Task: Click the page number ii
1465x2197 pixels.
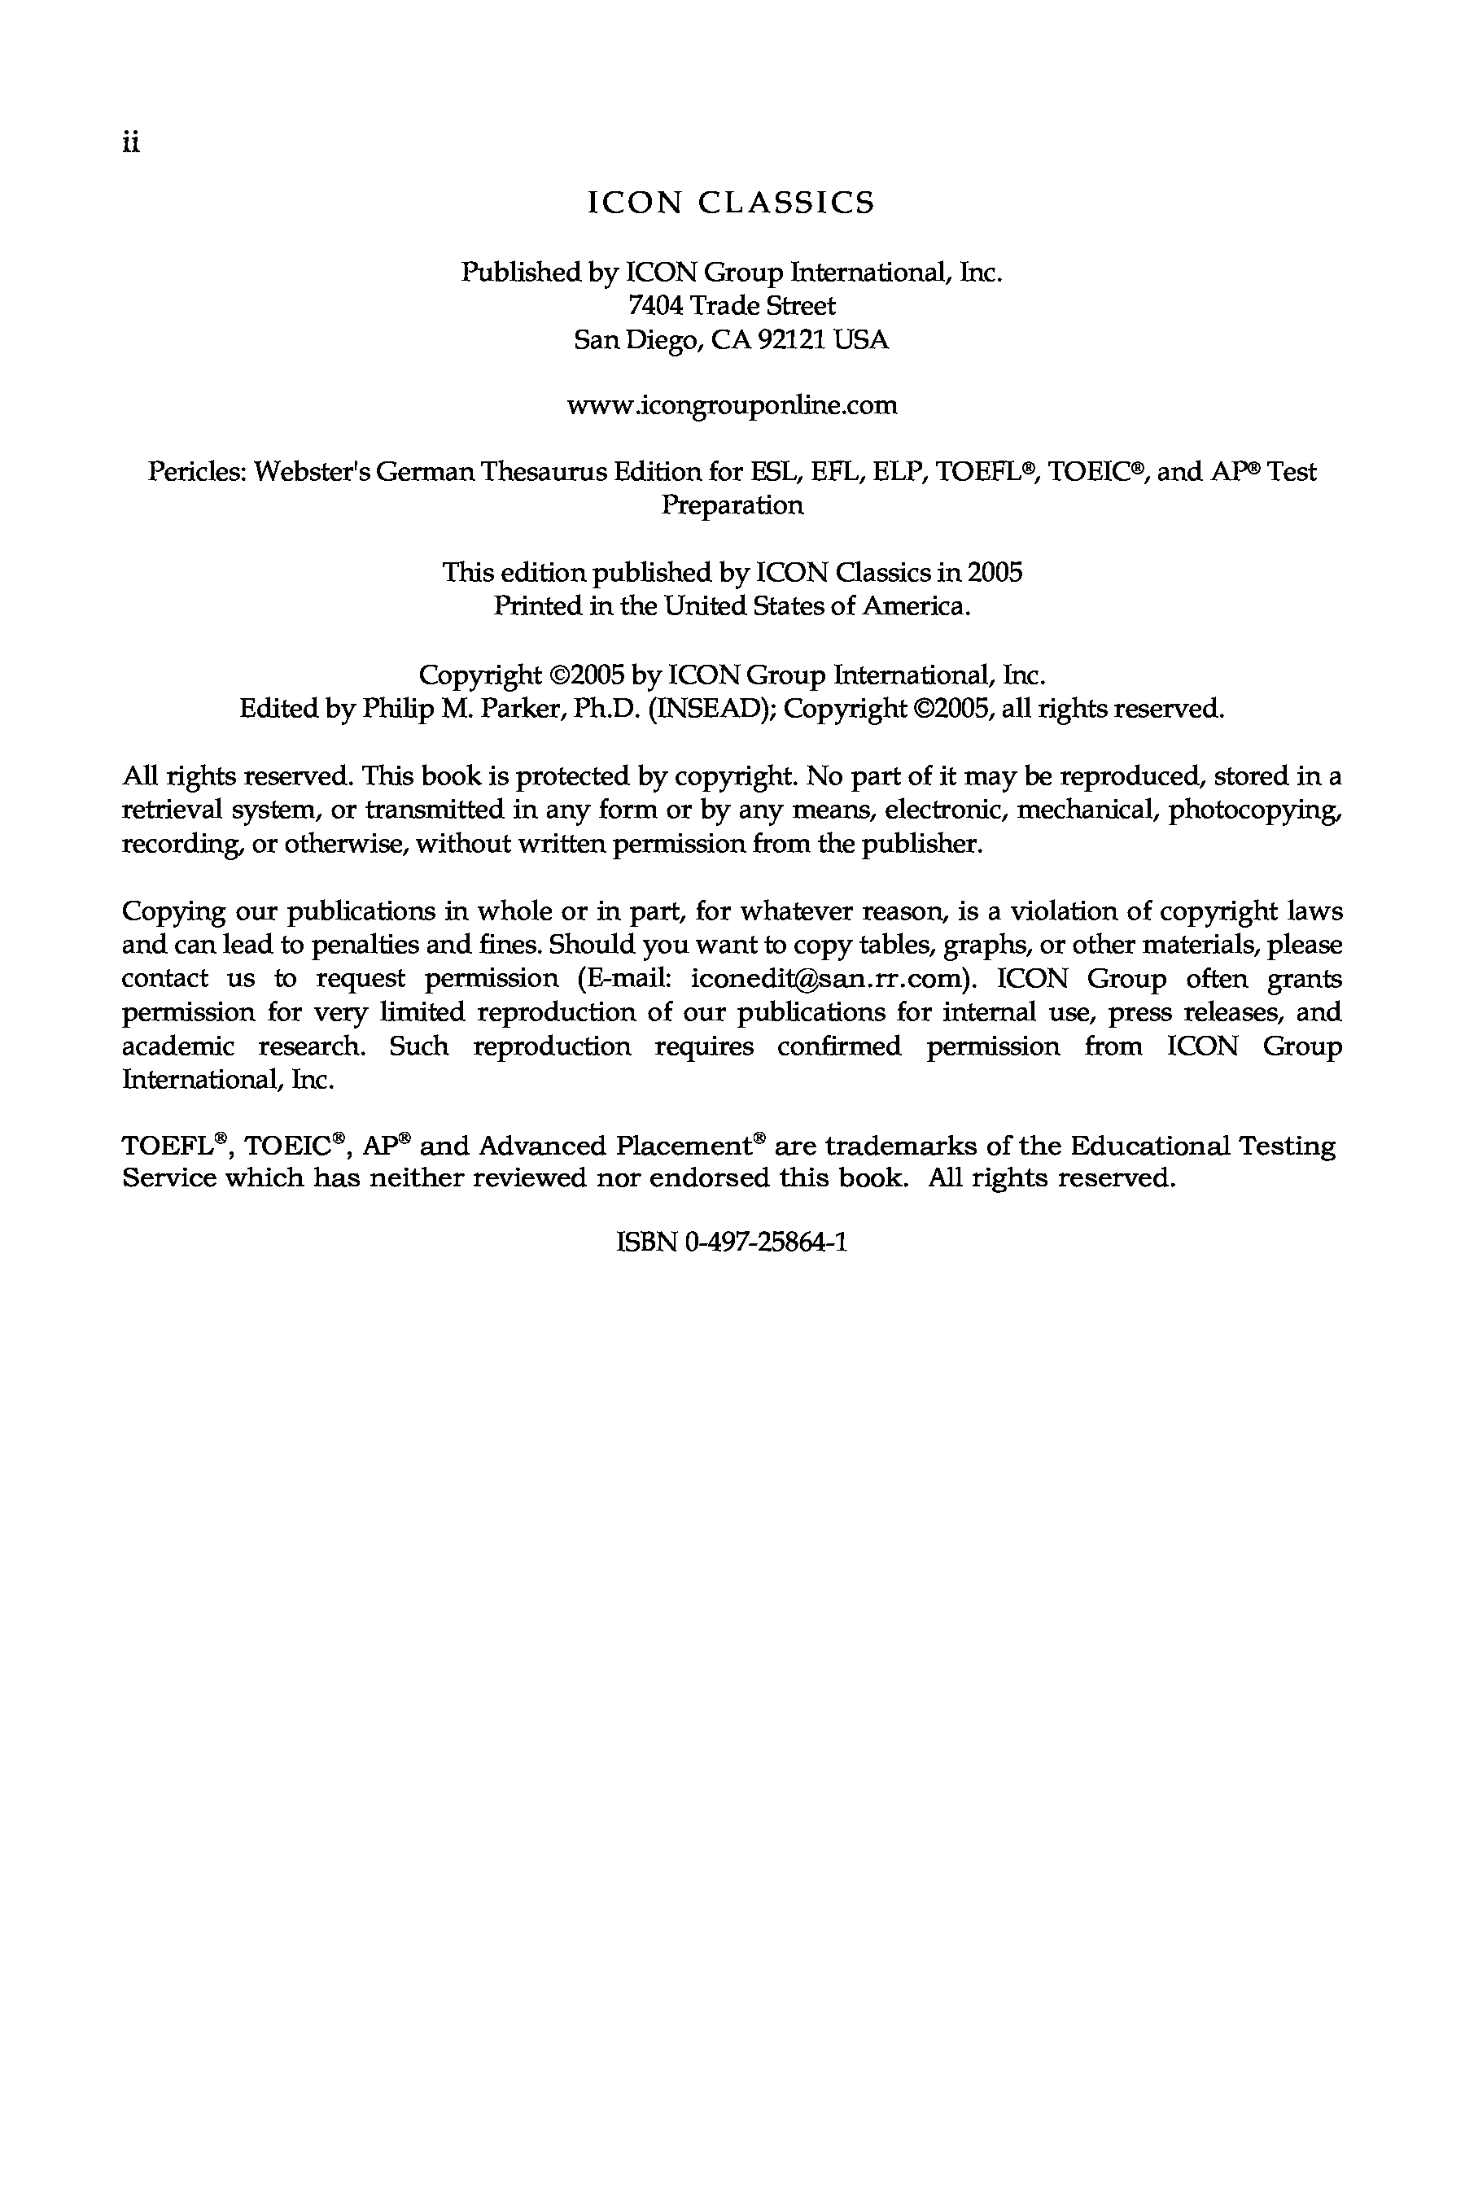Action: click(131, 143)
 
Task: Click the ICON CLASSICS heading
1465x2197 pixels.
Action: click(732, 203)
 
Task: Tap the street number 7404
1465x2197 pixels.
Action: click(658, 305)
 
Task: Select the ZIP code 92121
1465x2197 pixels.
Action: click(792, 339)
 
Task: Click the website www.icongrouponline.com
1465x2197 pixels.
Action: click(732, 405)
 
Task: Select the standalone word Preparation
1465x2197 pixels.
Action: click(732, 505)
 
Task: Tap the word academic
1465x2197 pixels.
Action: click(178, 1046)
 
